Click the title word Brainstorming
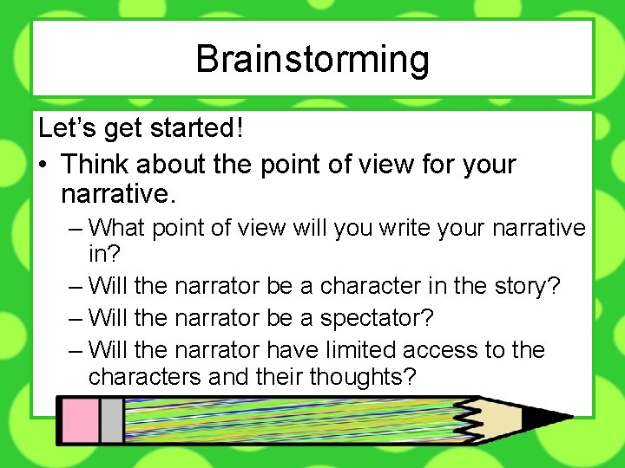point(312,60)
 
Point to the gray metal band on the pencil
point(111,420)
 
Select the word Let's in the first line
point(67,128)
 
